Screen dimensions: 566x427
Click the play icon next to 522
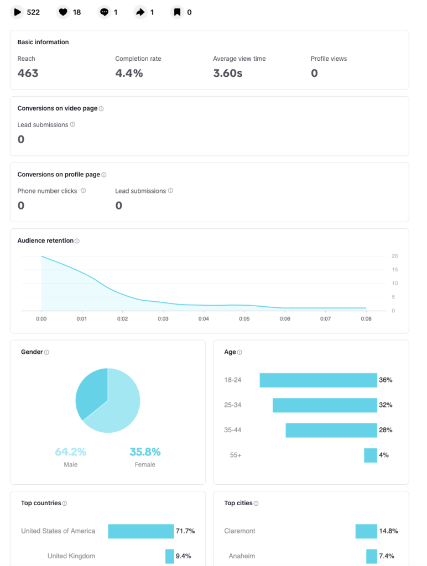pyautogui.click(x=18, y=12)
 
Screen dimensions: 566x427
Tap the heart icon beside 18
pyautogui.click(x=64, y=12)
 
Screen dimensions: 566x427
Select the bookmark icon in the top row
pyautogui.click(x=177, y=12)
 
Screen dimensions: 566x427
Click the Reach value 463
pyautogui.click(x=28, y=73)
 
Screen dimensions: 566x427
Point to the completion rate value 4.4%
pyautogui.click(x=129, y=73)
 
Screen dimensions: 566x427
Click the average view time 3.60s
pyautogui.click(x=227, y=73)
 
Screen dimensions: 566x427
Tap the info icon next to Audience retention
pyautogui.click(x=77, y=241)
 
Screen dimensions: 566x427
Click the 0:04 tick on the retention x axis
pyautogui.click(x=204, y=319)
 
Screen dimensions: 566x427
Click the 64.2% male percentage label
pyautogui.click(x=70, y=452)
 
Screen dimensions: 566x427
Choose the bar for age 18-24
pyautogui.click(x=318, y=380)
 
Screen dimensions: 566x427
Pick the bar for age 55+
pyautogui.click(x=370, y=455)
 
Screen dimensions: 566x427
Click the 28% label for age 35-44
pyautogui.click(x=385, y=430)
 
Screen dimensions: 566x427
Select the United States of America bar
pyautogui.click(x=140, y=531)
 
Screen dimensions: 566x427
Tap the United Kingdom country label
pyautogui.click(x=71, y=556)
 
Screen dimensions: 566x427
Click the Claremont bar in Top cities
pyautogui.click(x=366, y=531)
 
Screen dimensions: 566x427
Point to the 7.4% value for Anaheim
pyautogui.click(x=387, y=556)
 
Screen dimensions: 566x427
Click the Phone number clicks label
pyautogui.click(x=47, y=191)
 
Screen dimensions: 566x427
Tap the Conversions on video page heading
pyautogui.click(x=57, y=109)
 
